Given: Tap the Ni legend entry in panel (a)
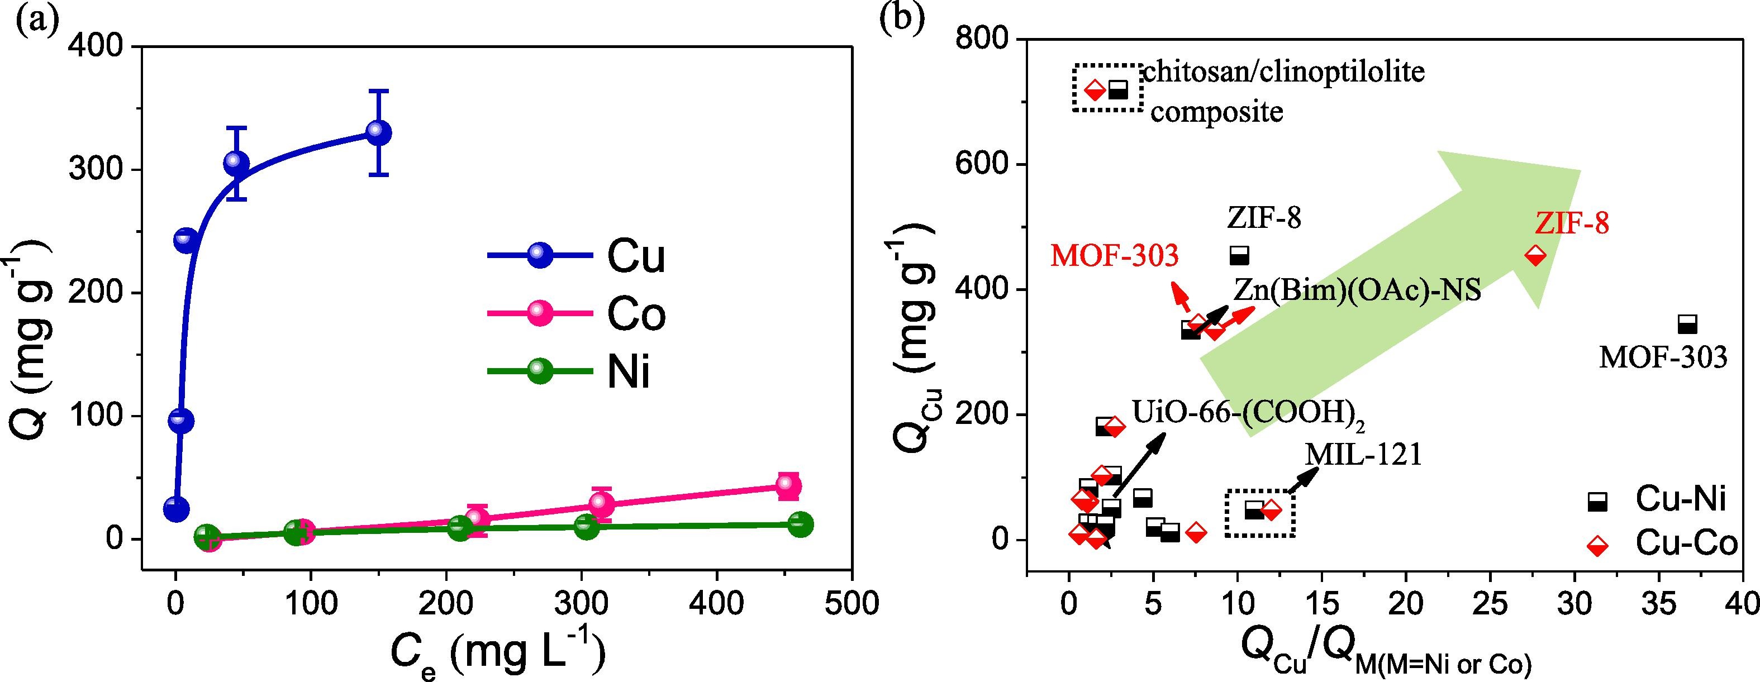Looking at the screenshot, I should [570, 371].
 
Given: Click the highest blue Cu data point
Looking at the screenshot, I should [378, 132].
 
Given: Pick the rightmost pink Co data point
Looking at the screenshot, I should [788, 485].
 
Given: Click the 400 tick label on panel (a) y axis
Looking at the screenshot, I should [101, 46].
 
